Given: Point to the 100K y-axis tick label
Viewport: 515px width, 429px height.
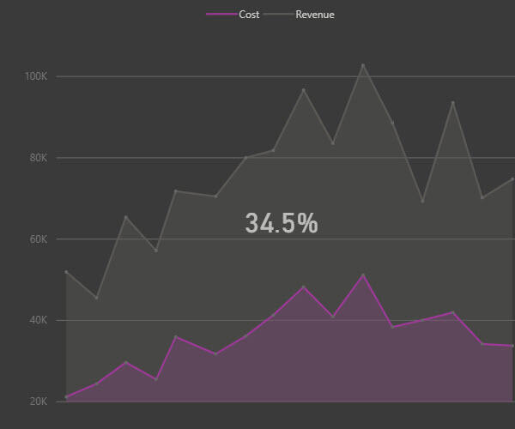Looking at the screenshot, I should (36, 76).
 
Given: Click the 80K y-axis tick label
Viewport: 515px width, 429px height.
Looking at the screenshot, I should (38, 158).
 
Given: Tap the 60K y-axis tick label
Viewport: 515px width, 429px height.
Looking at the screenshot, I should (38, 239).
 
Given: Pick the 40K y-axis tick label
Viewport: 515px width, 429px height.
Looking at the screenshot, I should (38, 321).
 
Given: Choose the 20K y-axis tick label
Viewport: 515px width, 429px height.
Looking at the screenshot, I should (38, 402).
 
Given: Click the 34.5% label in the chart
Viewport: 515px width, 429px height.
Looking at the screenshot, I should (282, 224).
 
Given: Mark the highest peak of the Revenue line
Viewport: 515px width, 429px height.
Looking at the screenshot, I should (363, 65).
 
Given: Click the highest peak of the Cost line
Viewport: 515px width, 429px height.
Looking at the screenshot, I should (363, 275).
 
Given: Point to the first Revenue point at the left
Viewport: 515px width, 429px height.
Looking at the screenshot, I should (66, 272).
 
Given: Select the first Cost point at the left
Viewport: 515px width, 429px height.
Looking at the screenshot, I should (66, 397).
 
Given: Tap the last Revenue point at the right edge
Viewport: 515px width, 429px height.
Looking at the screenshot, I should (512, 178).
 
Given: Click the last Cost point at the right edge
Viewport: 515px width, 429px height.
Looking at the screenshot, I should (512, 346).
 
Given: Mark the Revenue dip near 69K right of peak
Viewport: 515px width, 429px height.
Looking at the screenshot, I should (422, 202).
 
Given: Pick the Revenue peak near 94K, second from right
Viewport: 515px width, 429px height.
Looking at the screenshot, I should (452, 103).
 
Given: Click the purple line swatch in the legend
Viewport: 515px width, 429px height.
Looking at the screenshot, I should (221, 15).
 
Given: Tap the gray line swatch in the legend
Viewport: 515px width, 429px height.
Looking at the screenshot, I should (277, 15).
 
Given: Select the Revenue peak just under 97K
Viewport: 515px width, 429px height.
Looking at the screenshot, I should (303, 89).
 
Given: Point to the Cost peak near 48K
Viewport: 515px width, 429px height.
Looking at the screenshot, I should (303, 287).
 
